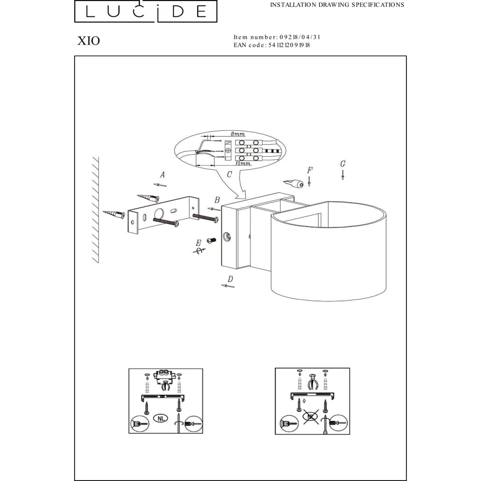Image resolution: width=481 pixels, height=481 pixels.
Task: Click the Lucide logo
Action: click(x=146, y=12)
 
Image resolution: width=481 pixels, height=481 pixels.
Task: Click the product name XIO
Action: click(x=89, y=41)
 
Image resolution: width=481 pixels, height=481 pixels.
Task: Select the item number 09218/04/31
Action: click(x=300, y=37)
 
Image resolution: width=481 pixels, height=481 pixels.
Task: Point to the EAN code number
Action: click(x=289, y=45)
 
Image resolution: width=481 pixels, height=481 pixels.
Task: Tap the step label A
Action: click(x=162, y=175)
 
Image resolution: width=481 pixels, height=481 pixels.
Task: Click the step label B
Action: click(x=217, y=200)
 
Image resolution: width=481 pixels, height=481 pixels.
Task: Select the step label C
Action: click(x=229, y=174)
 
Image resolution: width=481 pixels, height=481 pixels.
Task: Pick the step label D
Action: click(x=230, y=279)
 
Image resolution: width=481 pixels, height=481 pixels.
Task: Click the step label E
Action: click(x=199, y=243)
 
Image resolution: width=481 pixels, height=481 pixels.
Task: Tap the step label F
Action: click(x=310, y=170)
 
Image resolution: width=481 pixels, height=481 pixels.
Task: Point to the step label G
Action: click(x=342, y=164)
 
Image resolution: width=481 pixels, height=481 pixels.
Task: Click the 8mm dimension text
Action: click(x=238, y=134)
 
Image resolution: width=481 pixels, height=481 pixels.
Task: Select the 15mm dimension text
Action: click(x=243, y=163)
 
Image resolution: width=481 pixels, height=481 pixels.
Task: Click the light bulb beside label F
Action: click(x=293, y=183)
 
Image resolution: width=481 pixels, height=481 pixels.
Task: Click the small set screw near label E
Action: click(x=212, y=240)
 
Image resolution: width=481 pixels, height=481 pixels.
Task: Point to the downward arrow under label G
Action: click(x=342, y=175)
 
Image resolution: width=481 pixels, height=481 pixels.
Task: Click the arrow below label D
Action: click(x=228, y=286)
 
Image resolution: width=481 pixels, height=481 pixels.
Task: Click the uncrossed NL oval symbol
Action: click(x=161, y=418)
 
